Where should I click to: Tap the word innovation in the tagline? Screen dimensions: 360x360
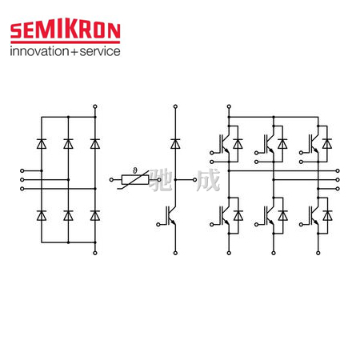point(39,51)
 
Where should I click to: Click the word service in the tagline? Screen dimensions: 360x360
point(100,51)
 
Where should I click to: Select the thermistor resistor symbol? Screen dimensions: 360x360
point(135,180)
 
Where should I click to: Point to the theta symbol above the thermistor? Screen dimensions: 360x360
point(135,170)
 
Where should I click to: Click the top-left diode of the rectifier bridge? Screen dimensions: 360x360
point(42,144)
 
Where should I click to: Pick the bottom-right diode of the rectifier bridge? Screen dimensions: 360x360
point(95,215)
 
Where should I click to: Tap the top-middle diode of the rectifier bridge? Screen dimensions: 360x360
point(68,144)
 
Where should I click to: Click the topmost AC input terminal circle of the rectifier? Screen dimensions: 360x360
point(22,170)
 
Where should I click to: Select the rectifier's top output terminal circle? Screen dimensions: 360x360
point(95,106)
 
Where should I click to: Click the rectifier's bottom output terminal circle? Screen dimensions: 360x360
point(95,253)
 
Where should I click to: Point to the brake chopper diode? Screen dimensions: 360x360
point(175,144)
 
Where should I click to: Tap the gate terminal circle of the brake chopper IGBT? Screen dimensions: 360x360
point(158,225)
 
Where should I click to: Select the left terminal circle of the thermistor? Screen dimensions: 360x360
point(111,180)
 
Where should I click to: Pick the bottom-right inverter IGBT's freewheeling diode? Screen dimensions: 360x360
point(327,215)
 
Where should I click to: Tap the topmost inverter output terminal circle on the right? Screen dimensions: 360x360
point(338,170)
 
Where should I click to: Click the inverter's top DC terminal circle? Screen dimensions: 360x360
point(229,106)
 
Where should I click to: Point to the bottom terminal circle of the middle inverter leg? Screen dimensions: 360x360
point(274,253)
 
